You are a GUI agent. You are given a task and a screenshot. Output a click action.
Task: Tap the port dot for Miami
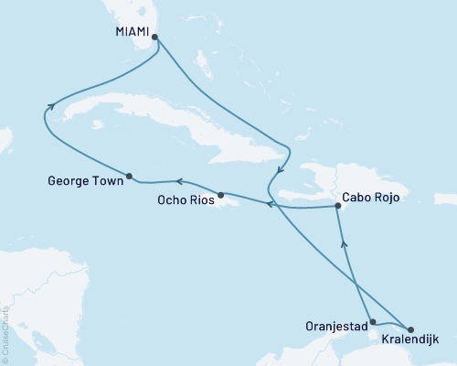[154, 38]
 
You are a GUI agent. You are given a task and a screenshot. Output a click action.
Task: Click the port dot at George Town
[129, 176]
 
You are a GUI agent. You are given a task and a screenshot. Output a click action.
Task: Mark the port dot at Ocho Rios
[220, 195]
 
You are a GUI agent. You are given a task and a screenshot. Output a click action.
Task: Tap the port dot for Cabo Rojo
[337, 207]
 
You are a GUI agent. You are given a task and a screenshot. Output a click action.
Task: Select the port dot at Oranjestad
[371, 322]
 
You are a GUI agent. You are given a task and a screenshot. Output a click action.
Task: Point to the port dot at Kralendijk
[409, 328]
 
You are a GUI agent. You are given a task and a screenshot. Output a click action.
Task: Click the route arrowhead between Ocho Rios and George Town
[179, 182]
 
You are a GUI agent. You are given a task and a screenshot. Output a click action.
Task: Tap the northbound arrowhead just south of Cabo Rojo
[344, 242]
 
